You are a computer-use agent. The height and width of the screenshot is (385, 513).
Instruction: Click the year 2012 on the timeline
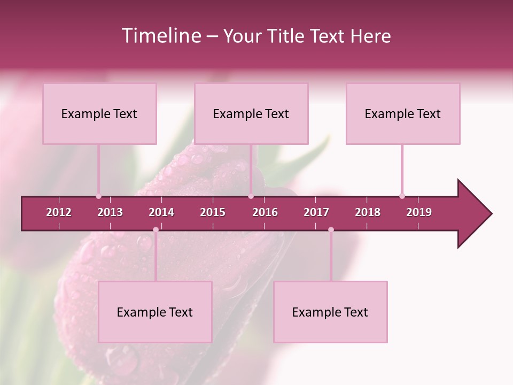click(59, 212)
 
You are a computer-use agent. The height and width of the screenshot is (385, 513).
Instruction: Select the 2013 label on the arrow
click(110, 212)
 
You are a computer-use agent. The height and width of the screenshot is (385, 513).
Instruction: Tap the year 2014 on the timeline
click(161, 212)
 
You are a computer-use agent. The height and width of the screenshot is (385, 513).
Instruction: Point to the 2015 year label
click(213, 212)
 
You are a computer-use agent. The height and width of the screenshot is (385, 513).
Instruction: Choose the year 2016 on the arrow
click(265, 212)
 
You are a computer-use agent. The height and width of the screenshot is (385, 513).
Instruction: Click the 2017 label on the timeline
click(316, 212)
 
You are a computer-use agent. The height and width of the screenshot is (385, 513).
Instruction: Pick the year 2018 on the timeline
click(368, 212)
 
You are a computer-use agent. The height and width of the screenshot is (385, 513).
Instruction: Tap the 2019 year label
click(419, 212)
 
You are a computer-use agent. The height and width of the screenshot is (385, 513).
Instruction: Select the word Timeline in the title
click(160, 36)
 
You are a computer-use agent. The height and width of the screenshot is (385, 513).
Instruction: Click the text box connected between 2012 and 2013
click(99, 114)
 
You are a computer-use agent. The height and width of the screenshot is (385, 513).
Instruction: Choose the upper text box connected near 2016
click(251, 114)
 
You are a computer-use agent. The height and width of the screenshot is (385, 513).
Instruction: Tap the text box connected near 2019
click(403, 114)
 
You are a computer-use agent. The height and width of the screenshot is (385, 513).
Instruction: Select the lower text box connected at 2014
click(155, 312)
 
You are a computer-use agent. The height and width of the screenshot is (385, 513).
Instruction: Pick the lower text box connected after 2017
click(330, 312)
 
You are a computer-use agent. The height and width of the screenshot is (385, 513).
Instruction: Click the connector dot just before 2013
click(98, 196)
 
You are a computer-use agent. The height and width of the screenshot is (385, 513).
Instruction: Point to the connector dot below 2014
click(156, 230)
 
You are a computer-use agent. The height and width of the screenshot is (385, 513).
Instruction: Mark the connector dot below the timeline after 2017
click(331, 230)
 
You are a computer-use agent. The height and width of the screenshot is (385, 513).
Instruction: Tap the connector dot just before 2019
click(402, 196)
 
